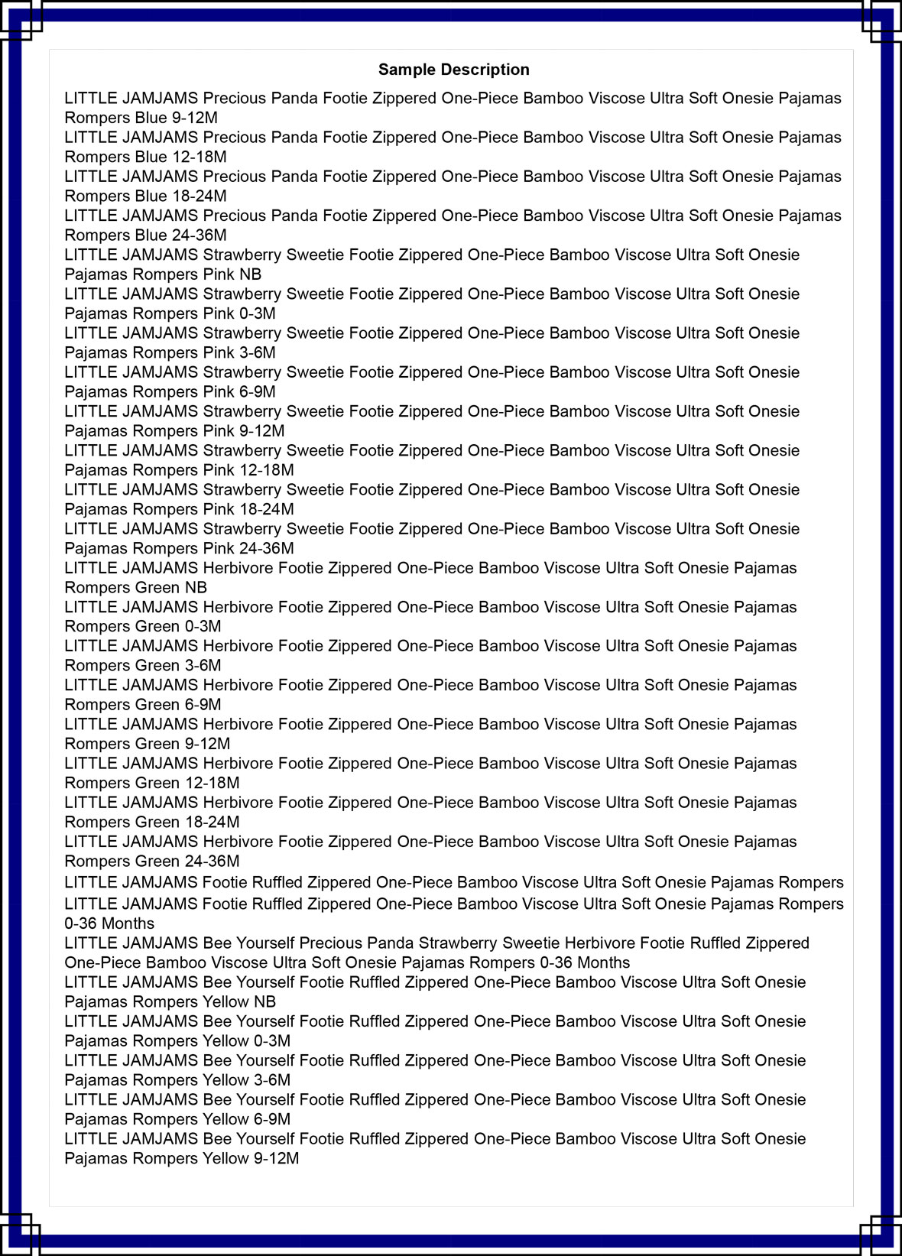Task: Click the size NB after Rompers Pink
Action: coord(250,274)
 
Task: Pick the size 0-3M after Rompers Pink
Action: coord(257,313)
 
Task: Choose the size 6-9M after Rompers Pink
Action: coord(257,392)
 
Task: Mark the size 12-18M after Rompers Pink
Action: coord(266,470)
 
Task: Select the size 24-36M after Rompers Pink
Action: coord(266,549)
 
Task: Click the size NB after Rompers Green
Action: coord(196,588)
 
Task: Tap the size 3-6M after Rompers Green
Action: coord(203,666)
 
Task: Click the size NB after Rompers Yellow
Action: coord(264,1002)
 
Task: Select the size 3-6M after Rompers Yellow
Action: coord(271,1080)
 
